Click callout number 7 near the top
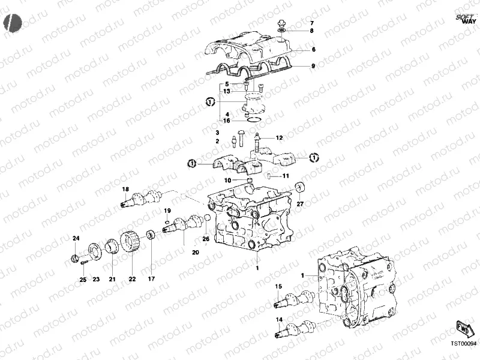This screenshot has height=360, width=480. click(311, 23)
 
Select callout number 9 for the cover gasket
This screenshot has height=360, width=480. click(313, 65)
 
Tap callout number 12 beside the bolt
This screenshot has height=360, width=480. click(279, 138)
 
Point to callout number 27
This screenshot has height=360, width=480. click(301, 204)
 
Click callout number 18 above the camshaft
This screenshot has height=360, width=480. click(125, 190)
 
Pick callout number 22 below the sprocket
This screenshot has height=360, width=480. click(132, 279)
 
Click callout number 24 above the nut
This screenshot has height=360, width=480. click(76, 239)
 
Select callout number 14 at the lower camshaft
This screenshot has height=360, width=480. click(278, 320)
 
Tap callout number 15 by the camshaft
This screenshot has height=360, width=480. click(278, 287)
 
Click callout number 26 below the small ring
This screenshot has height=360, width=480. click(206, 239)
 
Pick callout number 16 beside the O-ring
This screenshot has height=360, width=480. click(227, 121)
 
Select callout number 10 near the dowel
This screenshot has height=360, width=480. click(228, 180)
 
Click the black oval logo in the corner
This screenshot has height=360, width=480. click(11, 22)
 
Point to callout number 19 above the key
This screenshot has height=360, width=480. click(168, 211)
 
